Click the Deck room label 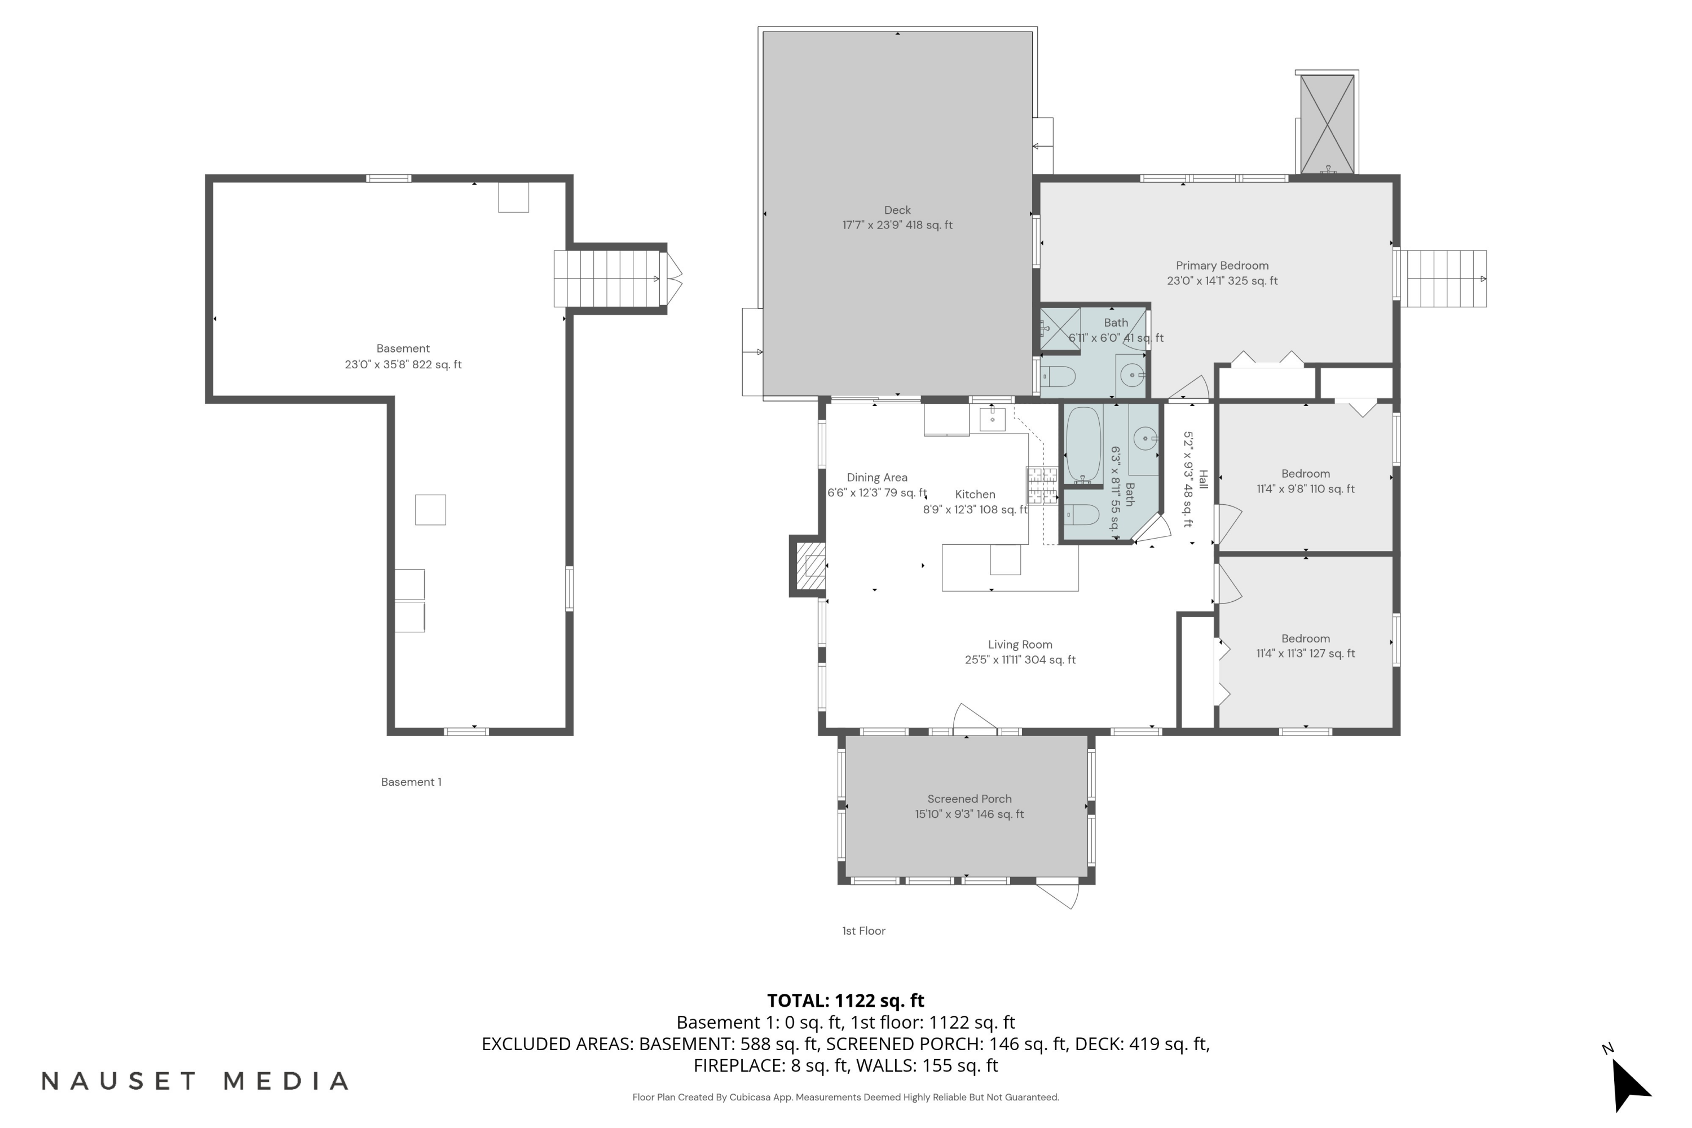(x=897, y=217)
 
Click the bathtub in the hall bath (x=1083, y=444)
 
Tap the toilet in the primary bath (x=1059, y=376)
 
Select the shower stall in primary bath (x=1060, y=329)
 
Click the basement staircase (x=606, y=279)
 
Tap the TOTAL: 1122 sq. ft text (x=845, y=1001)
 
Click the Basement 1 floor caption (x=411, y=782)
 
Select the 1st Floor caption (x=863, y=931)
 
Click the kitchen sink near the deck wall (x=992, y=418)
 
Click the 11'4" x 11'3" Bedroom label (x=1305, y=646)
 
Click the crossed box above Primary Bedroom (x=1327, y=124)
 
